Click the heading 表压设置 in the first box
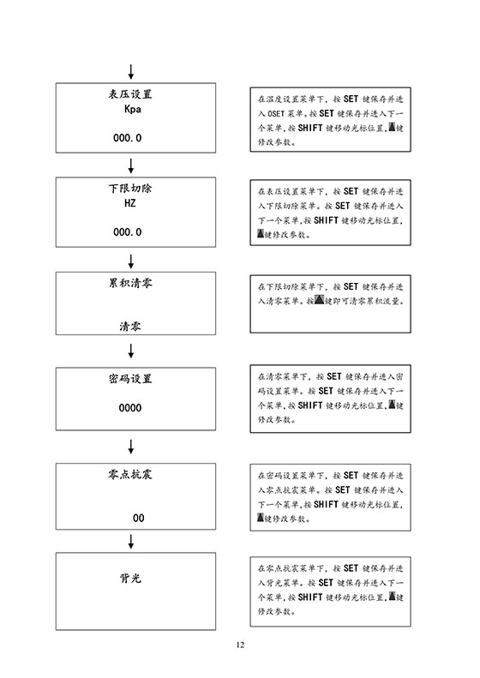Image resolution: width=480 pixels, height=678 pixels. point(130,94)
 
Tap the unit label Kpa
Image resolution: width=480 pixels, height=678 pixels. point(132,110)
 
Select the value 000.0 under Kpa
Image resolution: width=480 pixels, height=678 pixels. point(127,138)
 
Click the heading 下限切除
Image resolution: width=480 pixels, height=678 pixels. point(130,188)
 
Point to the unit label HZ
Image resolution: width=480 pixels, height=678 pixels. point(130,203)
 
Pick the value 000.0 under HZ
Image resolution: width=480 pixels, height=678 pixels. point(127,232)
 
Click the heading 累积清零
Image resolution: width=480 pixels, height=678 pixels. point(130,283)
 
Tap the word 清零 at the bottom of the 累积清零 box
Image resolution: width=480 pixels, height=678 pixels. point(130,326)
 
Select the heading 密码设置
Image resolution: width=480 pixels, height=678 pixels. point(130,379)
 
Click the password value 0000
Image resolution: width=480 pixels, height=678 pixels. point(130,408)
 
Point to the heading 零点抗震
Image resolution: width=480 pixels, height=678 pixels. point(130,474)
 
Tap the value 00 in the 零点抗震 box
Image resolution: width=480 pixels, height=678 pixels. point(138,518)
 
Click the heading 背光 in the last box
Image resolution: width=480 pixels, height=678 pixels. point(130,578)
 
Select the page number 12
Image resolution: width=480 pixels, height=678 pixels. point(241,645)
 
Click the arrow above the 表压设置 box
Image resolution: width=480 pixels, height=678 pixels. point(130,72)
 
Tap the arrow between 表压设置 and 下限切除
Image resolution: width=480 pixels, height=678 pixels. point(130,165)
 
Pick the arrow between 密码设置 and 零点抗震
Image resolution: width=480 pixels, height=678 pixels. point(130,447)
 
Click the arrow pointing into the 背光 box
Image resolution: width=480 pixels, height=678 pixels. point(130,542)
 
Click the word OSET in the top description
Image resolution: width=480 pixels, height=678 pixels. point(276,114)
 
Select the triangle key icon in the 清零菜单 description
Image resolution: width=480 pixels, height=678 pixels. point(319,300)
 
